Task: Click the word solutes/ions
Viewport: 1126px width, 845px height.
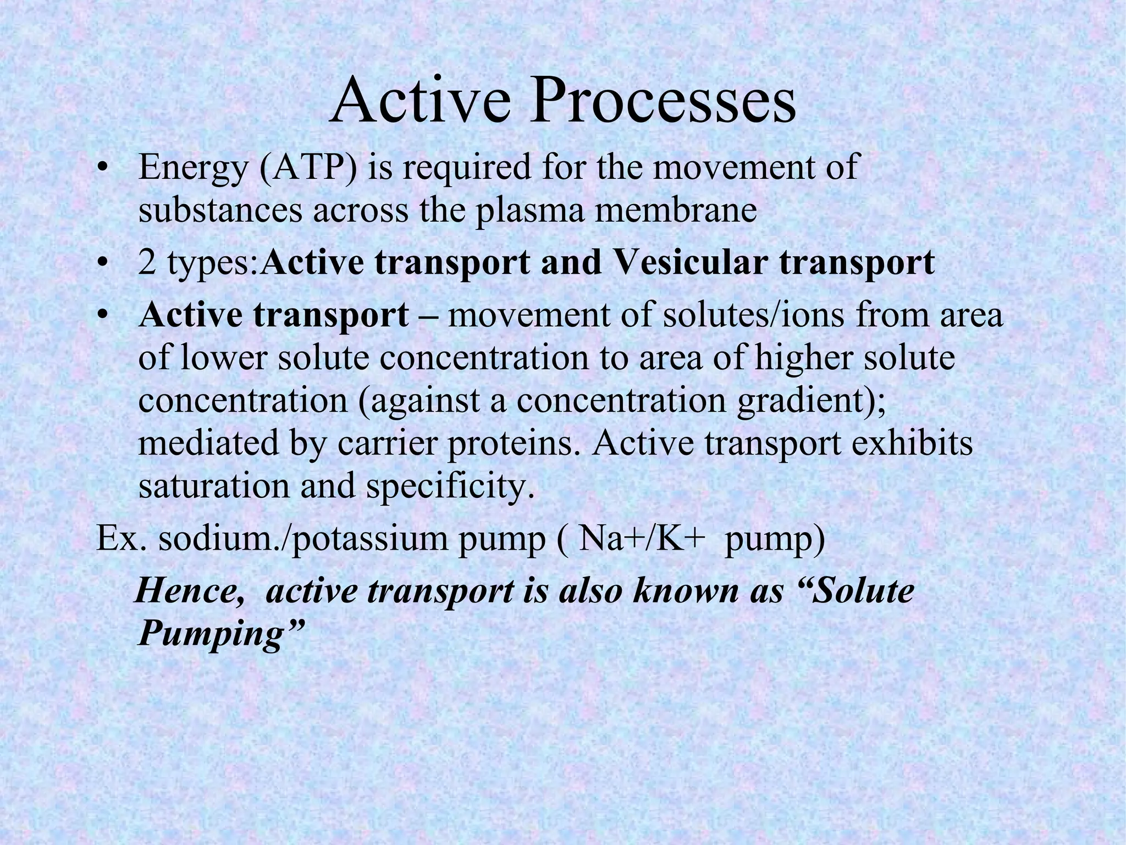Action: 754,315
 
